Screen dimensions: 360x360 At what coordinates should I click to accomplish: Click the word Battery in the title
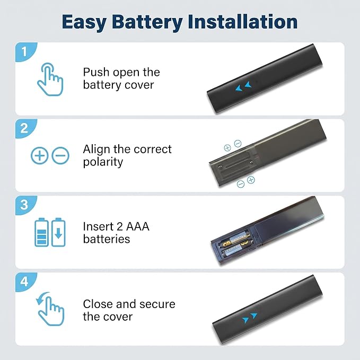pos(147,22)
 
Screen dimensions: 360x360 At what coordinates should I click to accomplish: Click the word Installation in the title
pos(243,22)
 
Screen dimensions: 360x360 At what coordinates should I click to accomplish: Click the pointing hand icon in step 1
pos(50,79)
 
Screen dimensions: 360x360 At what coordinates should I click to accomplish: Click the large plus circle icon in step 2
pos(39,155)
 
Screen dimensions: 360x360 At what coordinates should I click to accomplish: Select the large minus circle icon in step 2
pos(60,155)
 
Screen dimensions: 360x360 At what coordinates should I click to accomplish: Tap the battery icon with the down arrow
pos(58,232)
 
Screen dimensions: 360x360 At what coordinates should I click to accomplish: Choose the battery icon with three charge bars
pos(41,232)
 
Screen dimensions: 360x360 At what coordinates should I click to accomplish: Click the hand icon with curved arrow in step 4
pos(50,309)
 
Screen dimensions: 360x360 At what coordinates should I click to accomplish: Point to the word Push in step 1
pos(96,72)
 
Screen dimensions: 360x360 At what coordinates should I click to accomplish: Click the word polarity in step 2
pos(103,162)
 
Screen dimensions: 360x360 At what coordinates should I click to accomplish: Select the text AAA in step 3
pos(138,226)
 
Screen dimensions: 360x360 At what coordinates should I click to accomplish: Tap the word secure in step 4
pos(157,304)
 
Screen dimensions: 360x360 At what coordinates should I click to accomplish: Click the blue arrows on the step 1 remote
pos(243,86)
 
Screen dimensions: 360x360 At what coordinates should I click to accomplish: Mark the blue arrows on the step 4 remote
pos(250,318)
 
